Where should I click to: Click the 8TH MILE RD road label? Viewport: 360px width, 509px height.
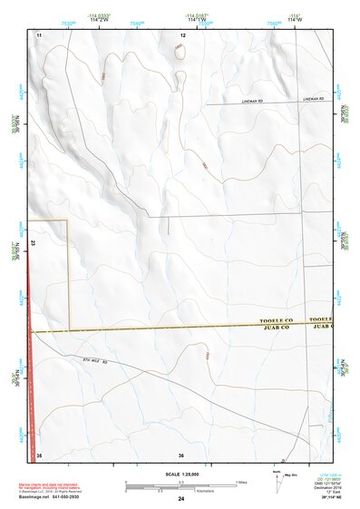[92, 362]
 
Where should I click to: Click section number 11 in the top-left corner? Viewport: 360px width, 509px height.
[39, 34]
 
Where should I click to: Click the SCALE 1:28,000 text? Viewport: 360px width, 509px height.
[181, 474]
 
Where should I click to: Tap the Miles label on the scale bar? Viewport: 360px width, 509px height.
[240, 481]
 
